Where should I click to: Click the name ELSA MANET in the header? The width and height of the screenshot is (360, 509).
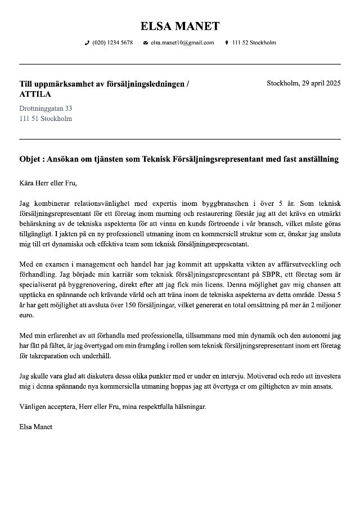(x=180, y=26)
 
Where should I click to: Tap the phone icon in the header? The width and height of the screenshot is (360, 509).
(x=87, y=43)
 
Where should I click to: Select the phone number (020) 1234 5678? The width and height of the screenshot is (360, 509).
(x=112, y=43)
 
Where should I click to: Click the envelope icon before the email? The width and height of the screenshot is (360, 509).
(x=146, y=43)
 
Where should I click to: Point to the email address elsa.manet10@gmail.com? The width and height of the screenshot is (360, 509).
(x=182, y=43)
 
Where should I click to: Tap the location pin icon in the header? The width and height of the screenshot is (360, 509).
(x=226, y=43)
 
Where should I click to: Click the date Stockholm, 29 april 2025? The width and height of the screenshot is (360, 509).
(x=303, y=83)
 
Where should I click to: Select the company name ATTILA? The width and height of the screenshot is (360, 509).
(x=35, y=94)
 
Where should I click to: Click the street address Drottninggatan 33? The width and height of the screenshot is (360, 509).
(x=46, y=108)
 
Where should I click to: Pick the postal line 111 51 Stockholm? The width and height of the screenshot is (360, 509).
(x=46, y=119)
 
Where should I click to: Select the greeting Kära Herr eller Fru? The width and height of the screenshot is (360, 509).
(x=47, y=183)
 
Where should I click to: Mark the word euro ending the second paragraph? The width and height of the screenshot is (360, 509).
(x=26, y=316)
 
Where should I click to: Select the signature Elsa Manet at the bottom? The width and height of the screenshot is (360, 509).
(x=35, y=426)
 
